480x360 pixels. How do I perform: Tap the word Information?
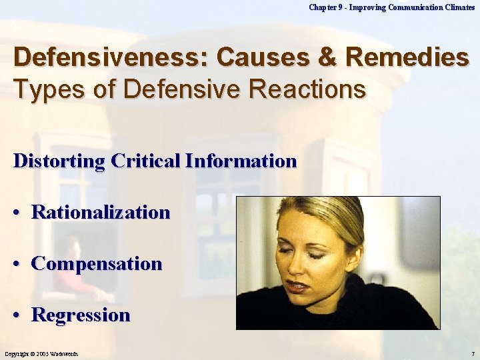coord(241,161)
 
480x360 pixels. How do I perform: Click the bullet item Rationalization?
coord(101,213)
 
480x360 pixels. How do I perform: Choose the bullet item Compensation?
coord(97,264)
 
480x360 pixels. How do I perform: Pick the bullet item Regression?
coord(81,315)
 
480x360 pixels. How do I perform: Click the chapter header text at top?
coord(392,7)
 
